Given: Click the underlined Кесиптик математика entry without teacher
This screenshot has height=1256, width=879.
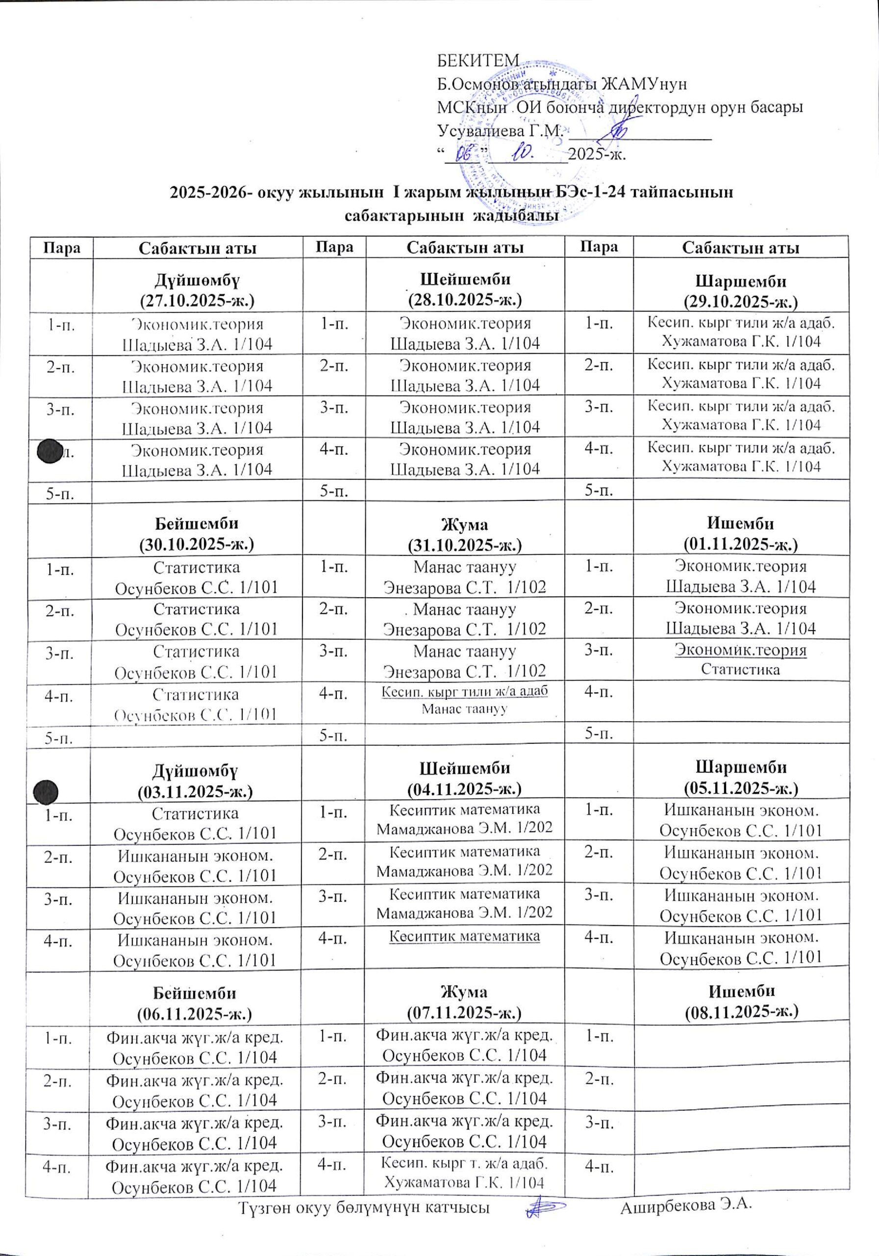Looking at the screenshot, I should coord(465,936).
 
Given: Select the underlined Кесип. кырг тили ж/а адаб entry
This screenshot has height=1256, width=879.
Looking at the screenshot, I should coord(465,691).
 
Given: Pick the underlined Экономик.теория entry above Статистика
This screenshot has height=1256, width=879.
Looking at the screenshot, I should coord(741,651).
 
